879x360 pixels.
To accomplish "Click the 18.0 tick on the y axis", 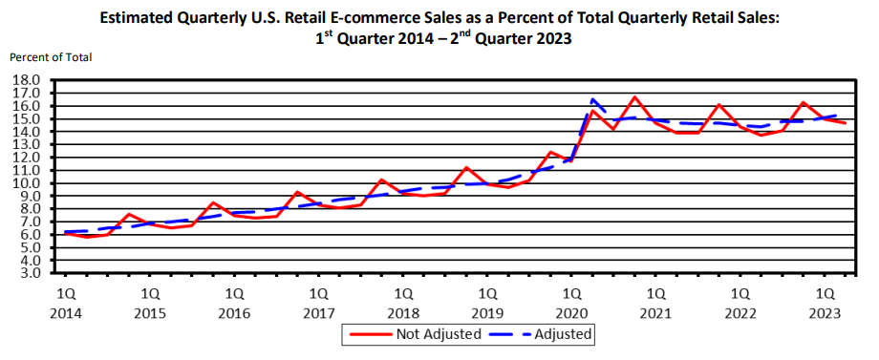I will coord(25,80).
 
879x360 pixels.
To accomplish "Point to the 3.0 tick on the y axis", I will coord(27,273).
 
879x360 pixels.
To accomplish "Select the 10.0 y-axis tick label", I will coord(25,183).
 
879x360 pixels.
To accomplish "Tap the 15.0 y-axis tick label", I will coord(25,119).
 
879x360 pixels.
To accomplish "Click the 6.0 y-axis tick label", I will coord(27,235).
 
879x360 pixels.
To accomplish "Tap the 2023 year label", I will coord(825,313).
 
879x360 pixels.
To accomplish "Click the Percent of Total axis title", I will coord(51,57).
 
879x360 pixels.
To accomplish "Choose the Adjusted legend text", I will coord(565,334).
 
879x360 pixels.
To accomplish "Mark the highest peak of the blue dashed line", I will coord(593,99).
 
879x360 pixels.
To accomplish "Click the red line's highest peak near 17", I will coord(634,97).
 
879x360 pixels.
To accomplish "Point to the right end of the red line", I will coord(845,123).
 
